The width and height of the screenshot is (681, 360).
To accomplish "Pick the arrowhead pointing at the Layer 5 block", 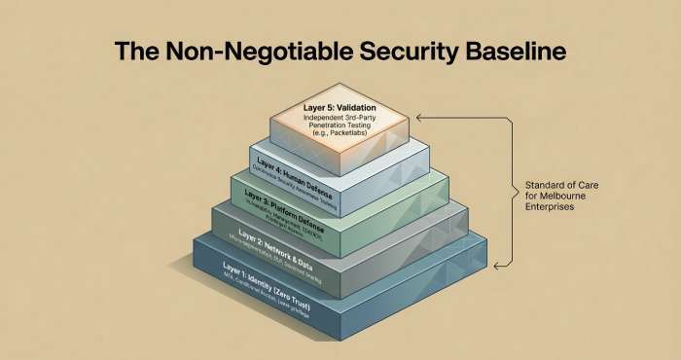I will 419,117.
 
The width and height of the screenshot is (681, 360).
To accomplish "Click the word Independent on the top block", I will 315,119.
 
